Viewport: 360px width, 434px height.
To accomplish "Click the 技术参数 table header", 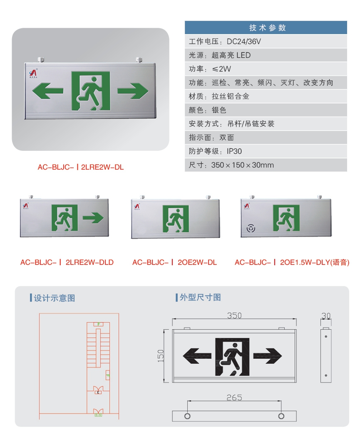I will [x=266, y=28].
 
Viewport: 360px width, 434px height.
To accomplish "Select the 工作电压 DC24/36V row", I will [x=266, y=41].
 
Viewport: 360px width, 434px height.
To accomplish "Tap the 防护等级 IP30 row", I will [x=266, y=151].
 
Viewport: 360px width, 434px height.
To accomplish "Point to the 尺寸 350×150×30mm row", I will [x=266, y=165].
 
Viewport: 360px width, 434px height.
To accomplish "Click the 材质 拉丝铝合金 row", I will [x=266, y=96].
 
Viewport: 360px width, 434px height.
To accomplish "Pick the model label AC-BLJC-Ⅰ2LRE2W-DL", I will [x=81, y=168].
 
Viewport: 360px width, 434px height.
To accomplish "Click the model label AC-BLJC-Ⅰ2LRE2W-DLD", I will [x=67, y=263].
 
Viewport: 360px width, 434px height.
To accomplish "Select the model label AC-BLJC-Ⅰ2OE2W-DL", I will [x=175, y=263].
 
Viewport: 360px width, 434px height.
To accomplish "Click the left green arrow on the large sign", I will [x=47, y=91].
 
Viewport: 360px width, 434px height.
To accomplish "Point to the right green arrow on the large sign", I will [x=133, y=91].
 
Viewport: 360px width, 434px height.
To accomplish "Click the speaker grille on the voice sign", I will [x=251, y=228].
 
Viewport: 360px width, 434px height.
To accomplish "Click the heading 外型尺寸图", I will [x=200, y=298].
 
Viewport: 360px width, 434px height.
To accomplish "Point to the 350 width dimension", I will [x=234, y=316].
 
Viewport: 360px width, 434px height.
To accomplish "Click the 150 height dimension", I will [x=161, y=355].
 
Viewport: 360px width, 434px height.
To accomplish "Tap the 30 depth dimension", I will [x=326, y=316].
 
